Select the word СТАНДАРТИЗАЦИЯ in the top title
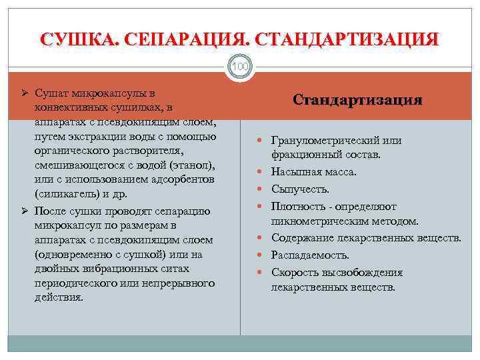347,39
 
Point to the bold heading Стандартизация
358,100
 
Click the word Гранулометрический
323,141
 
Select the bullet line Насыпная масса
313,172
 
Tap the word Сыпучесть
300,189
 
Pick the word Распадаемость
310,255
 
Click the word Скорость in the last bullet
293,272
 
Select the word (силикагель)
66,194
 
